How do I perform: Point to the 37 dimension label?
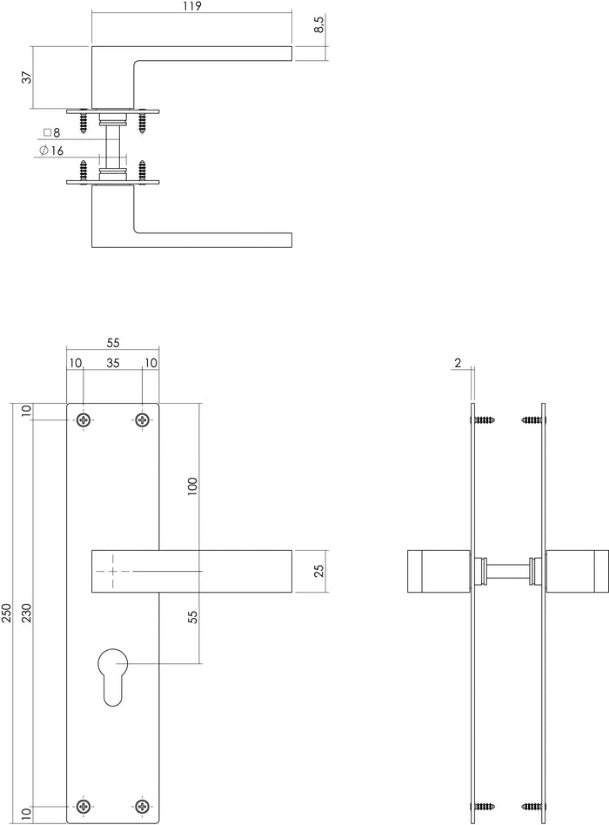click(26, 77)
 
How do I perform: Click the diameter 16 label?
click(51, 151)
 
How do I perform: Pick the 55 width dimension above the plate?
click(113, 343)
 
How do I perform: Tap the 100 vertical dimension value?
click(193, 486)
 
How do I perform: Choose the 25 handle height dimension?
click(318, 572)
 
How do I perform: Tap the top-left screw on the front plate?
click(84, 420)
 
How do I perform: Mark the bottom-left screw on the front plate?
click(84, 807)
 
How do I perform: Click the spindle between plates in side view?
click(509, 572)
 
